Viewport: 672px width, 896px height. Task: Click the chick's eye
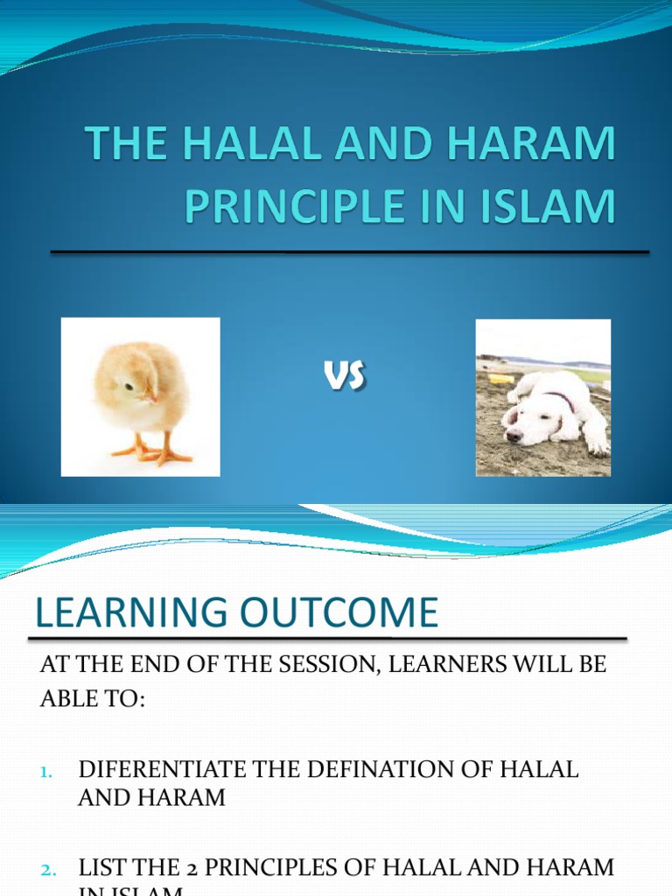(129, 386)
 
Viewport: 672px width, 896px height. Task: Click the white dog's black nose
(514, 433)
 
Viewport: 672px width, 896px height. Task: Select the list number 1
(45, 771)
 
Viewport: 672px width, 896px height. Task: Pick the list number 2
(47, 870)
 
